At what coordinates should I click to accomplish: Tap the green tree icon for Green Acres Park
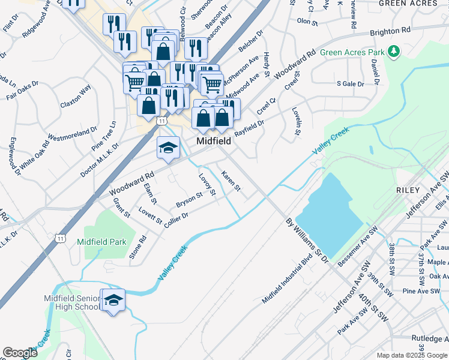[394, 52]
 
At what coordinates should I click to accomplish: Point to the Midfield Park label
[101, 242]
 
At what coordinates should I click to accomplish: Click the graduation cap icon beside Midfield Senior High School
[112, 301]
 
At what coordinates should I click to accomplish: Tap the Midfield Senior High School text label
[71, 302]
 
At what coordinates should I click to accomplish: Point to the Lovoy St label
[207, 185]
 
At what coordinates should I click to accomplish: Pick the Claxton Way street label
[76, 96]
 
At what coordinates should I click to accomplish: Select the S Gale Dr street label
[350, 84]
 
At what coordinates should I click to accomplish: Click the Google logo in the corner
[20, 353]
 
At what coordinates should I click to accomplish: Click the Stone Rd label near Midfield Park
[137, 247]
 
